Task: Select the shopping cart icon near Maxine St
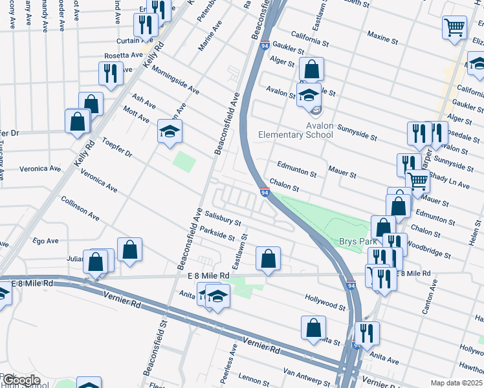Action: point(455,28)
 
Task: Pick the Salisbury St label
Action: point(223,217)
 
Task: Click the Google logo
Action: point(21,380)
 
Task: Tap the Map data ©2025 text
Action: point(457,383)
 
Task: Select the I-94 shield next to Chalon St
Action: point(265,192)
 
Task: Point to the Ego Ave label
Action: point(45,241)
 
